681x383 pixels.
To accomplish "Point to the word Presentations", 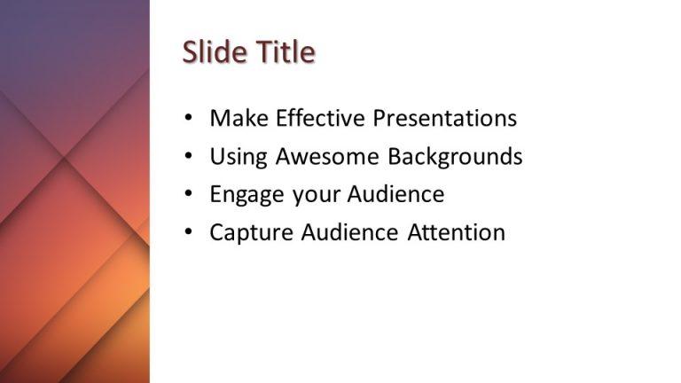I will coord(444,118).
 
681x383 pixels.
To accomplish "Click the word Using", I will coord(239,157).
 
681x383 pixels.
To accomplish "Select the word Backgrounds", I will coord(455,157).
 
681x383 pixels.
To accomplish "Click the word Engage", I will coord(244,194).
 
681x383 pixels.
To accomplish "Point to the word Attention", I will coord(457,232).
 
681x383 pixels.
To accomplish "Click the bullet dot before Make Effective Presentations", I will coord(187,118).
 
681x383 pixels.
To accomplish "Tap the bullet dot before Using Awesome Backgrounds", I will coord(187,157).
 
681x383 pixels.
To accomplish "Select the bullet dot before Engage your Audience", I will coord(187,194).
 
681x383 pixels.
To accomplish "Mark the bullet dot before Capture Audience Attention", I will coord(187,232).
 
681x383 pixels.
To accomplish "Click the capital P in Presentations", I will coord(379,118).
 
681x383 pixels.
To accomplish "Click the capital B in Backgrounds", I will coord(395,157).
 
